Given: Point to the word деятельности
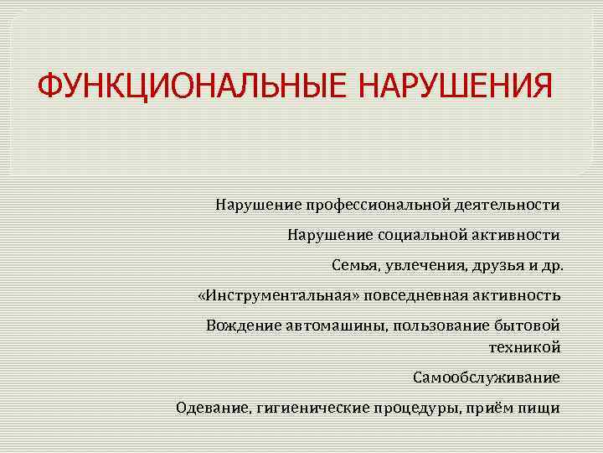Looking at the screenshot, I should point(508,205).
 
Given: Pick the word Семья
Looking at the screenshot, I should point(355,266).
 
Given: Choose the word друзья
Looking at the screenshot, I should point(498,266).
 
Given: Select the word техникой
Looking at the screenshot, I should point(524,347).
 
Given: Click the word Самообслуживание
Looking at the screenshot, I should point(487,377).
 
